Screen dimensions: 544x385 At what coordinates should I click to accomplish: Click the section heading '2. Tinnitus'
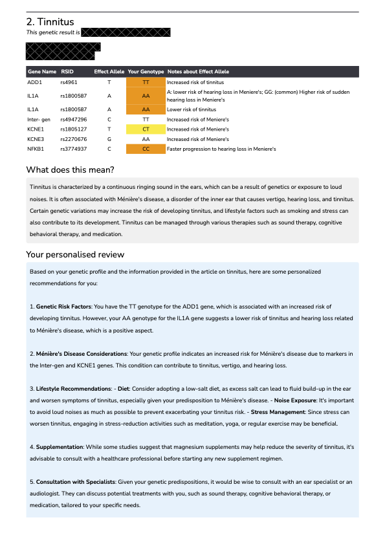click(50, 22)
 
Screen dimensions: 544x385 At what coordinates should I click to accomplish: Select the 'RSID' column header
click(67, 72)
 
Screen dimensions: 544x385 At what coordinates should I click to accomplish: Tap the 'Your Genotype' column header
click(146, 72)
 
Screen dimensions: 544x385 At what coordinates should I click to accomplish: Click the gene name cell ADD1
click(34, 83)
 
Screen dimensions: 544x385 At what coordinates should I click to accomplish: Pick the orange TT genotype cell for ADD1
click(146, 83)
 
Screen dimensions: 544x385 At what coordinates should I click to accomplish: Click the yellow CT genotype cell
click(146, 129)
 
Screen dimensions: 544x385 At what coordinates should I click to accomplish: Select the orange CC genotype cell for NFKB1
click(146, 149)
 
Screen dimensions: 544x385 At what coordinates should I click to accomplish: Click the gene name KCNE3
click(36, 139)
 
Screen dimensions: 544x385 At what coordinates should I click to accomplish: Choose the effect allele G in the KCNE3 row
click(109, 139)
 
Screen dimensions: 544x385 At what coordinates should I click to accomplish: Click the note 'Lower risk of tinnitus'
click(192, 110)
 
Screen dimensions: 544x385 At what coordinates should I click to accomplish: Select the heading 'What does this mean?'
click(70, 170)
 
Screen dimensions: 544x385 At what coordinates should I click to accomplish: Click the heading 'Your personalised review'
click(75, 254)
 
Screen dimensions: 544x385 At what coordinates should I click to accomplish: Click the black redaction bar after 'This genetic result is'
click(126, 32)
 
